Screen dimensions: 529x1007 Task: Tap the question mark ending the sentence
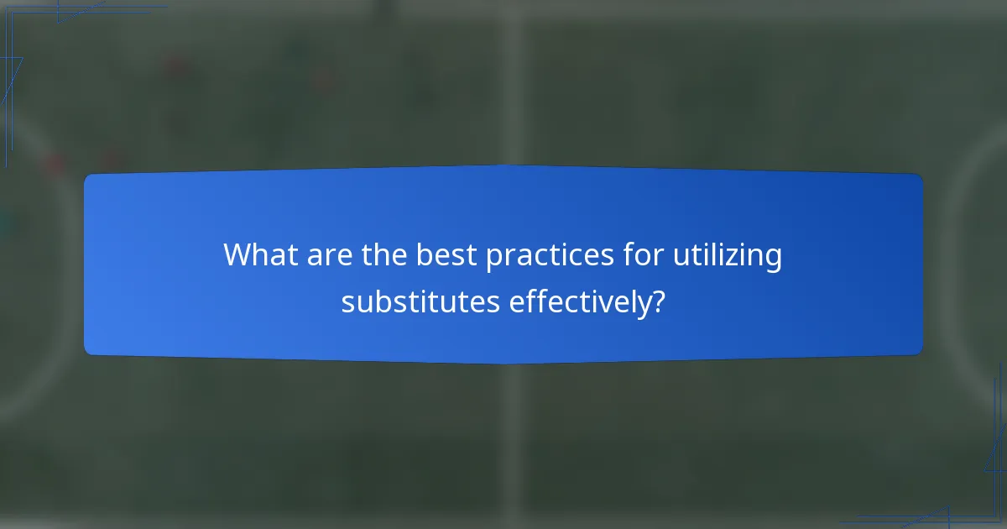tap(659, 301)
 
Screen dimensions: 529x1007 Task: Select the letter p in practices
tap(494, 259)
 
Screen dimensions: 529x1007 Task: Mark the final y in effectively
tap(643, 305)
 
